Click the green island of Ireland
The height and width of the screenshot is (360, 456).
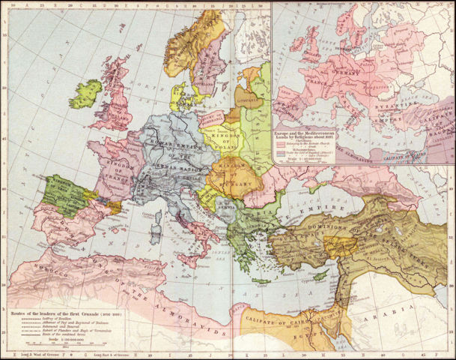(85, 94)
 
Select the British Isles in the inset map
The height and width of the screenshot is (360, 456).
(296, 56)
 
